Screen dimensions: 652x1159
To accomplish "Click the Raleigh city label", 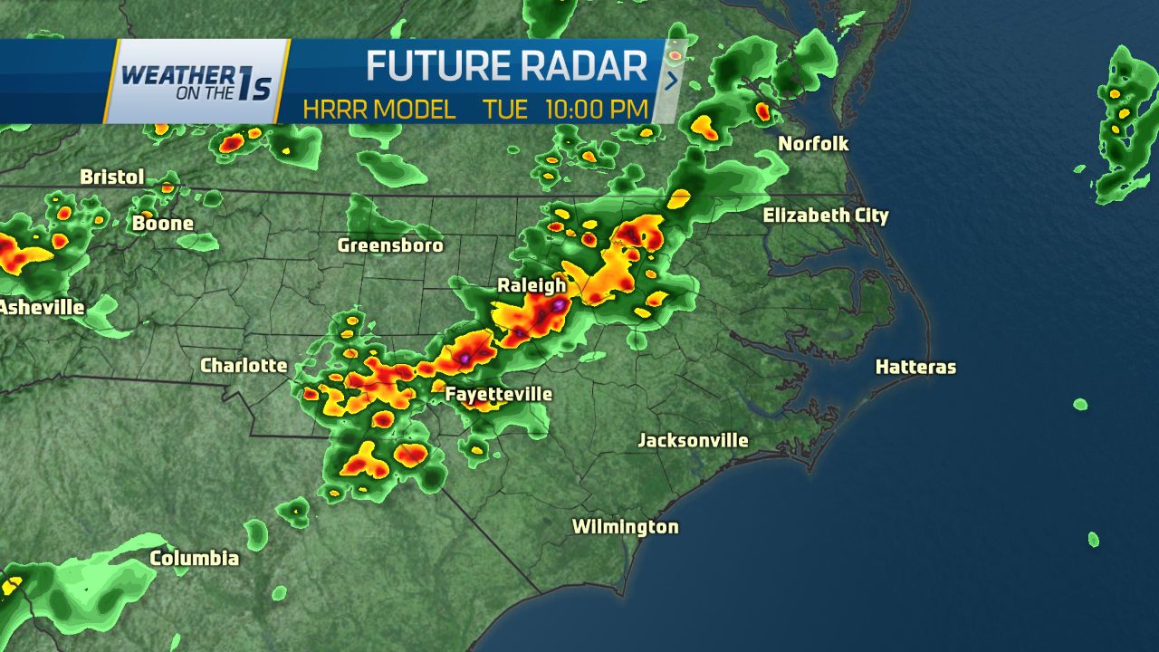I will [532, 285].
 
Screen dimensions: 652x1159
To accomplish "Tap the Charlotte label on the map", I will [244, 366].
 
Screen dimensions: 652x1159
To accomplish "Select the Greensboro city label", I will [390, 245].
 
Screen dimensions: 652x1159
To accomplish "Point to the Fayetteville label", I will [498, 394].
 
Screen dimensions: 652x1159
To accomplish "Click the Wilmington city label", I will [625, 527].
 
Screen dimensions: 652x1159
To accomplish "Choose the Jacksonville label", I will [693, 441].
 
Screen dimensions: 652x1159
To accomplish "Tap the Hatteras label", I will [915, 367].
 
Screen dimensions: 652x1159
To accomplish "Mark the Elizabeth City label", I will [826, 216].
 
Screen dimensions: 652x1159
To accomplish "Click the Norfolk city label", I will [813, 144].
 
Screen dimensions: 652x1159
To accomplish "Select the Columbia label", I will [195, 558].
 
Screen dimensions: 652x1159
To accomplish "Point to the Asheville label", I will [42, 308].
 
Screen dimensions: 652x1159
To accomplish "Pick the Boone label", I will [163, 223].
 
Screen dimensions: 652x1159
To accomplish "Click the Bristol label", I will [112, 177].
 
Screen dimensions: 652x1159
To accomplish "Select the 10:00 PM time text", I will [597, 110].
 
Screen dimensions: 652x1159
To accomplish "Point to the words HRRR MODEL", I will [379, 110].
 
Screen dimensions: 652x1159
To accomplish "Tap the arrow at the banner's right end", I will [672, 81].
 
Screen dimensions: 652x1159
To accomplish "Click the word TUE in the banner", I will [505, 110].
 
